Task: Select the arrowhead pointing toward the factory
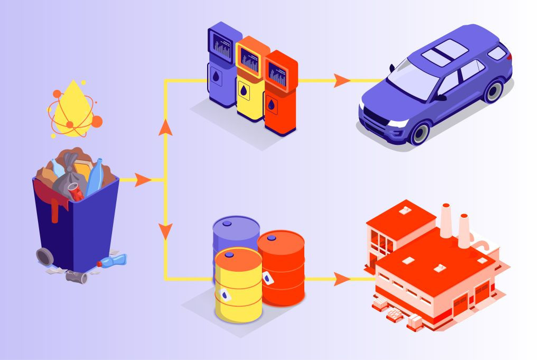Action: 342,279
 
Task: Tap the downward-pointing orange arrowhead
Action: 166,231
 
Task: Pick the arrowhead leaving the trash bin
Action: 142,180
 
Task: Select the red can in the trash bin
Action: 76,191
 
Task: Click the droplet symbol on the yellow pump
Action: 244,91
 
